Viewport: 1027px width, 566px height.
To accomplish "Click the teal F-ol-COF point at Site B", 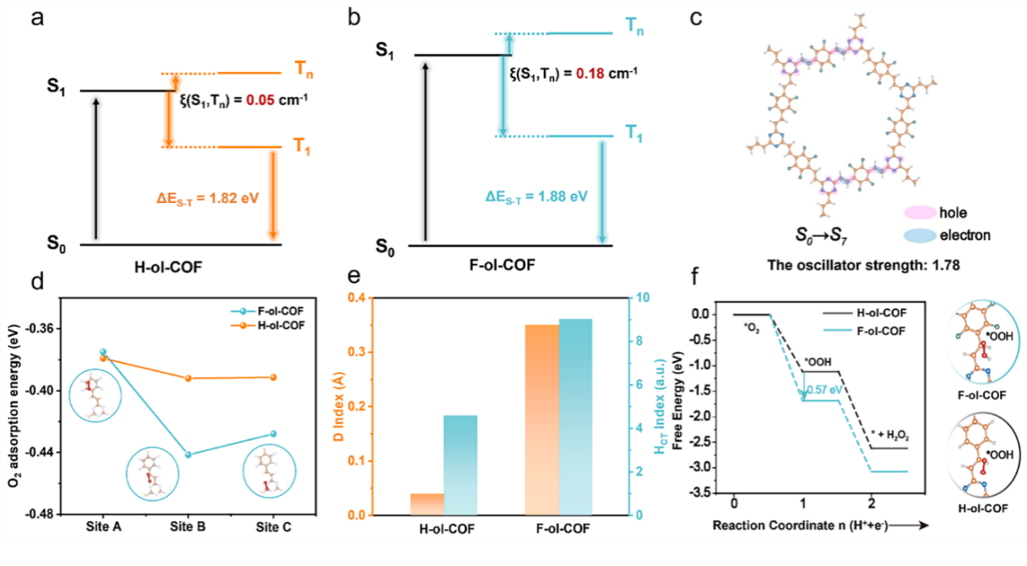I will [189, 454].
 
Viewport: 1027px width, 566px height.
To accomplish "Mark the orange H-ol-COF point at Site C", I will [272, 377].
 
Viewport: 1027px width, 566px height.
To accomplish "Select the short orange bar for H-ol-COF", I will [427, 504].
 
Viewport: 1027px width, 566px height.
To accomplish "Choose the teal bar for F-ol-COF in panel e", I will [575, 416].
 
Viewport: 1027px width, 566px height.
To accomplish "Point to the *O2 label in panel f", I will [751, 328].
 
